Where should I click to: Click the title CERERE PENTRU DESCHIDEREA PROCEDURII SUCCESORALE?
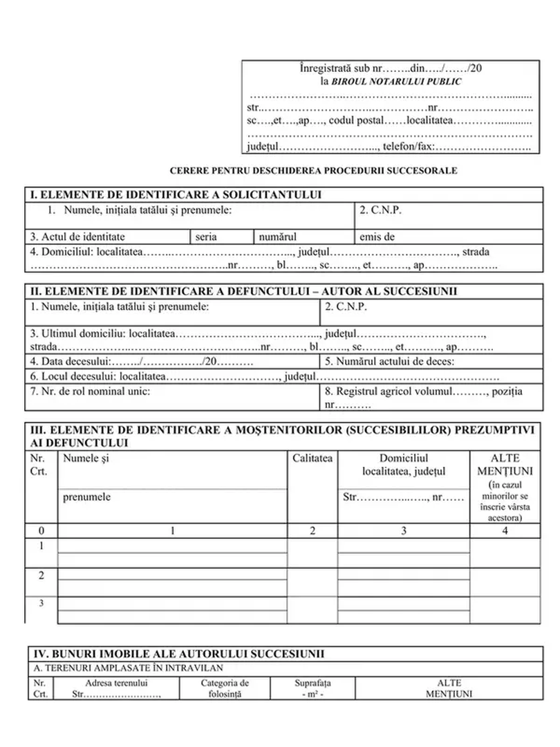pos(313,170)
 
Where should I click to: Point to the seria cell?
pos(206,237)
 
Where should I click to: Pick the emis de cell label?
pos(377,237)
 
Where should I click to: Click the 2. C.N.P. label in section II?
pos(346,306)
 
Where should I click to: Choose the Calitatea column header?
pos(312,458)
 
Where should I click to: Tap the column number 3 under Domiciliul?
pos(403,531)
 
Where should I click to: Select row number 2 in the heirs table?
pos(41,575)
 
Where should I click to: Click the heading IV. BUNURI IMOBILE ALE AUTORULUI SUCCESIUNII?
pos(179,654)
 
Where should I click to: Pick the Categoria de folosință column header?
pos(225,688)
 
